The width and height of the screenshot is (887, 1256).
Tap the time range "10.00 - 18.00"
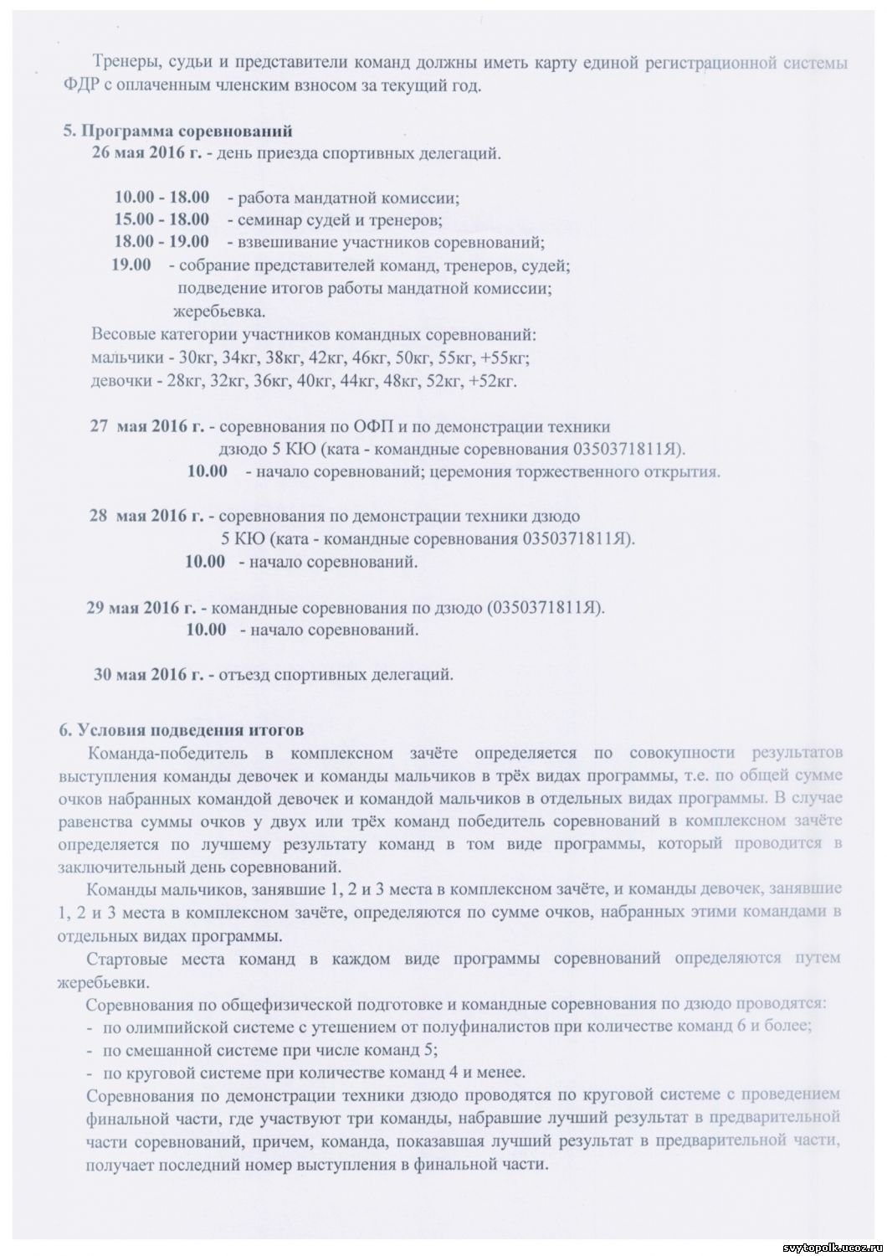(162, 198)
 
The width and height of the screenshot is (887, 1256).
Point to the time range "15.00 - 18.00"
(162, 220)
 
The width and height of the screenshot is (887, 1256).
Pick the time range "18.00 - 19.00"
(162, 242)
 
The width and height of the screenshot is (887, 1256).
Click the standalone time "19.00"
(132, 265)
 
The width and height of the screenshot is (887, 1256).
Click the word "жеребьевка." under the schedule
(219, 311)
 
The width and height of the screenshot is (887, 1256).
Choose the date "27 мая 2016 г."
(147, 426)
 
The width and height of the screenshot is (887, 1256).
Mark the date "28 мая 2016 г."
(147, 516)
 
